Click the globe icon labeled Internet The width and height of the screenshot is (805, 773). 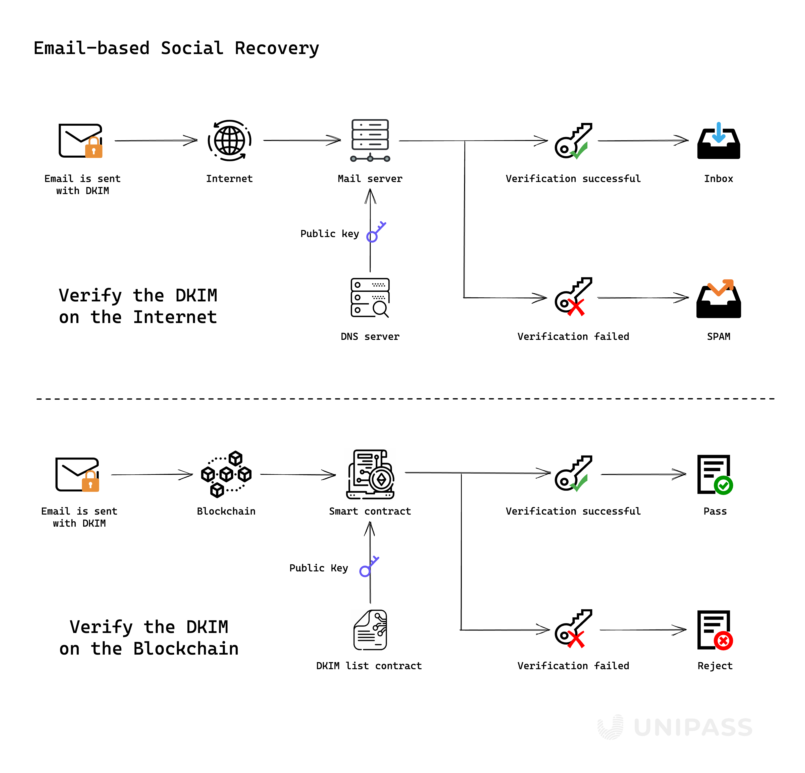pyautogui.click(x=230, y=141)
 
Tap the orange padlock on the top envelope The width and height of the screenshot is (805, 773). pyautogui.click(x=94, y=148)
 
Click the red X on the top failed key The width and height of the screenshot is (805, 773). pyautogui.click(x=576, y=307)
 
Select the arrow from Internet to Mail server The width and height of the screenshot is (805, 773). pyautogui.click(x=302, y=141)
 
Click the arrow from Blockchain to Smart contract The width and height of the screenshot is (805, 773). pyautogui.click(x=298, y=475)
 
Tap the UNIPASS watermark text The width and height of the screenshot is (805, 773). pyautogui.click(x=693, y=727)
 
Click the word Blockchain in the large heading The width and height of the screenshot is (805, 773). pyautogui.click(x=186, y=649)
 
